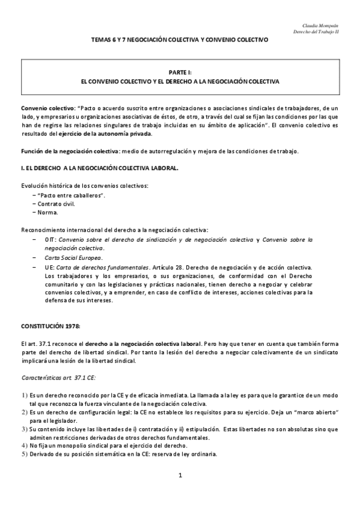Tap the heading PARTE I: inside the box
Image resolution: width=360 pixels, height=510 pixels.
[x=180, y=71]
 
